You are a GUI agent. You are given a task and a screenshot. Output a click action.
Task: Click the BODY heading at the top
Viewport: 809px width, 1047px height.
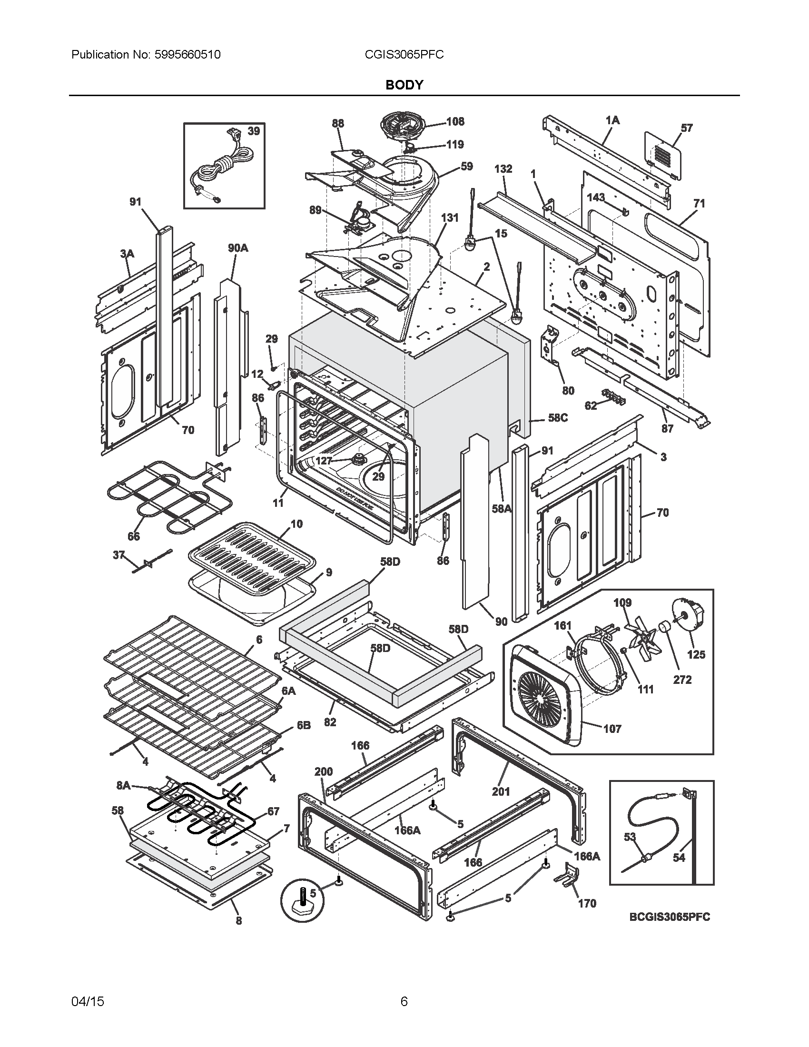tap(404, 85)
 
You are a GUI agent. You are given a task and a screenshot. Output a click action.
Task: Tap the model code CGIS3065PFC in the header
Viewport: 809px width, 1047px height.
tap(404, 55)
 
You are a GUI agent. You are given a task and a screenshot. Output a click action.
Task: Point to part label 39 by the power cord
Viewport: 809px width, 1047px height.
tap(254, 131)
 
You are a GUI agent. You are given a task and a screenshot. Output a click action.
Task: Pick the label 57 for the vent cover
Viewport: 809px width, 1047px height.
tap(686, 128)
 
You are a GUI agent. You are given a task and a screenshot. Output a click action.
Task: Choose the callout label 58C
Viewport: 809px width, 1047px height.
tap(558, 417)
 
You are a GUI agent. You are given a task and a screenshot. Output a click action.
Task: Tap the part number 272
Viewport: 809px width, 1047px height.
tap(682, 679)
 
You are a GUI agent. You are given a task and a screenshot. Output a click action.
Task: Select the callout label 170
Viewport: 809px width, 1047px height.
tap(587, 903)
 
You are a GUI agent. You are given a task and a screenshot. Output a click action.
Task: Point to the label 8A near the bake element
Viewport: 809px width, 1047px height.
tap(123, 785)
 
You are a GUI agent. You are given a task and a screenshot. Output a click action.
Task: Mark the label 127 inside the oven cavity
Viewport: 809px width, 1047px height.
tap(324, 461)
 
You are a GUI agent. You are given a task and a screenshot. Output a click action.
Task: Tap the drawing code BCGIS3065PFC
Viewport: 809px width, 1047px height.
tap(670, 930)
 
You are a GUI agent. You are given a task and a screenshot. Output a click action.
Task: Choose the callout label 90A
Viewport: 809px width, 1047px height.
tap(238, 248)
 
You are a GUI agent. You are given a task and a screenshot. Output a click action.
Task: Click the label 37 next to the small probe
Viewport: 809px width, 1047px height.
tap(118, 555)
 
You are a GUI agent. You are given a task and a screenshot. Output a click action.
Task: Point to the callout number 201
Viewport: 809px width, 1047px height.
tap(501, 791)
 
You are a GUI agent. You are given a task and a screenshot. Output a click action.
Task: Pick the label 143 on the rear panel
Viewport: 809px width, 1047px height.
tap(596, 197)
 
